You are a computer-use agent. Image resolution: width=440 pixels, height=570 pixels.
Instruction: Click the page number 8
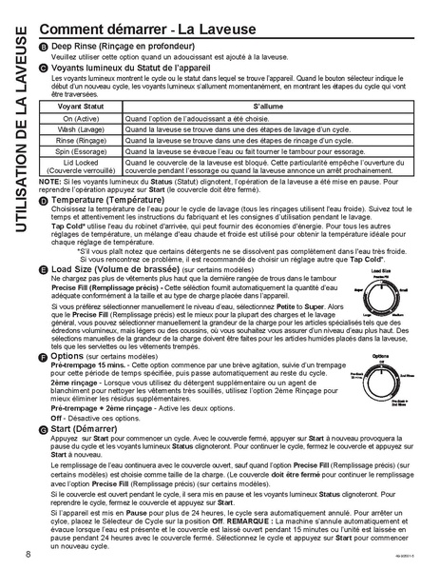[x=29, y=553]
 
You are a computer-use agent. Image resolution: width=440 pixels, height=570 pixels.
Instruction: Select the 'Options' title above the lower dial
[x=379, y=356]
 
